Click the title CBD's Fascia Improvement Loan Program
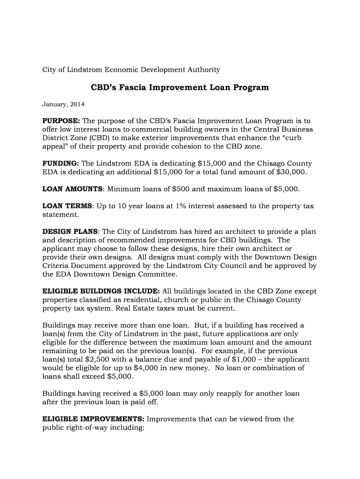(x=180, y=87)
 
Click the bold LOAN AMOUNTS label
(x=72, y=189)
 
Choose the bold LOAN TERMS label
(x=68, y=206)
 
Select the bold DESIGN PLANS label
(x=71, y=232)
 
